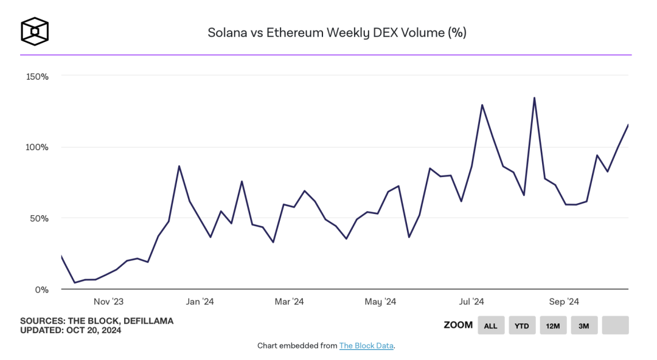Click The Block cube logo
pyautogui.click(x=35, y=31)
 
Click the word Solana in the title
pyautogui.click(x=226, y=33)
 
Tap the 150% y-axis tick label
pyautogui.click(x=37, y=76)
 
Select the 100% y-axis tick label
pyautogui.click(x=37, y=147)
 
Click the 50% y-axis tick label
pyautogui.click(x=39, y=218)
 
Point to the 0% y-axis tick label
pyautogui.click(x=41, y=289)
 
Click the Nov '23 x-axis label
pyautogui.click(x=109, y=302)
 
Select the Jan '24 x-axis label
pyautogui.click(x=200, y=302)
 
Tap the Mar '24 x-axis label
pyautogui.click(x=289, y=302)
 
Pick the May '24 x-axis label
pyautogui.click(x=380, y=302)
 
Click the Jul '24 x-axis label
pyautogui.click(x=471, y=302)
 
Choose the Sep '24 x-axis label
pyautogui.click(x=564, y=302)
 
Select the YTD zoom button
pyautogui.click(x=522, y=325)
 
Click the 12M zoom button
pyautogui.click(x=553, y=325)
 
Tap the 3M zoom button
pyautogui.click(x=584, y=325)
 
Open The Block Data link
pyautogui.click(x=366, y=345)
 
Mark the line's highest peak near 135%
pyautogui.click(x=534, y=97)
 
